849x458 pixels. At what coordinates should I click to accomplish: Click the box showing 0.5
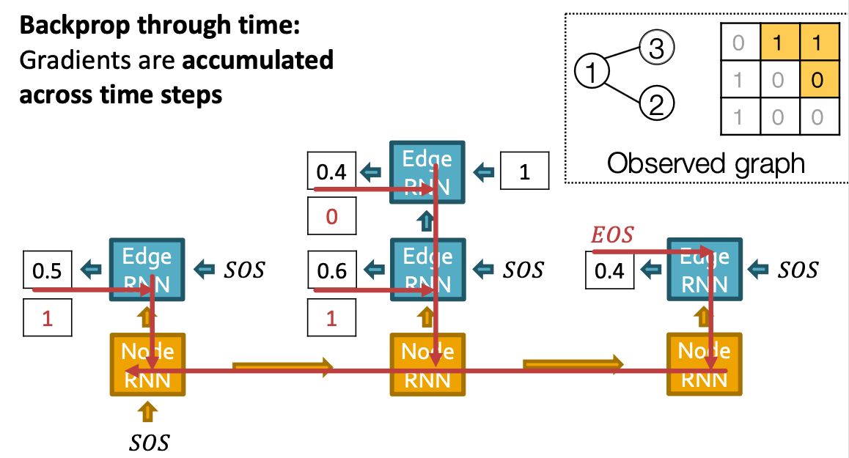point(48,270)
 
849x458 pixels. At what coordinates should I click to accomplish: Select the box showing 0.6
point(331,270)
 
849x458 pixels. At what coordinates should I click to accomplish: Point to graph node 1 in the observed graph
point(592,72)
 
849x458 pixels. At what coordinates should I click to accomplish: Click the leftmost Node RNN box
point(148,364)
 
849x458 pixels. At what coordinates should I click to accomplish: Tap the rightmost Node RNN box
point(704,364)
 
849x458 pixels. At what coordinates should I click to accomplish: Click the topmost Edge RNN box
point(427,172)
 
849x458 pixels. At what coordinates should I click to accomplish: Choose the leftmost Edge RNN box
point(148,269)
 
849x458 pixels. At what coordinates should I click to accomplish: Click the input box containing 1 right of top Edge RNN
point(523,172)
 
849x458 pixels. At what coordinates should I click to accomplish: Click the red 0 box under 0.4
point(331,218)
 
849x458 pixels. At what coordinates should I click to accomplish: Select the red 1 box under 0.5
point(48,318)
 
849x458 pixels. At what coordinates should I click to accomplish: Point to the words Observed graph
point(705,163)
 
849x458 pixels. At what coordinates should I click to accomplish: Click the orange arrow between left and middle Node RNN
point(282,365)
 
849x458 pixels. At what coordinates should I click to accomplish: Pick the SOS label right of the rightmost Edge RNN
point(797,270)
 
